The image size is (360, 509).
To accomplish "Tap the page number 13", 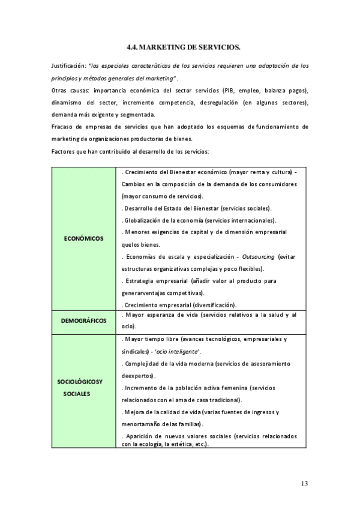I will point(304,484).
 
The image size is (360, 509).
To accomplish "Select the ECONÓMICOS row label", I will point(83,238).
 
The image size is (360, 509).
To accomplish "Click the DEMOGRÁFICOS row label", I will point(83,321).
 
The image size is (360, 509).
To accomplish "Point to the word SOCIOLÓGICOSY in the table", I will point(80,382).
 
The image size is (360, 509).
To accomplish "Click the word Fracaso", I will point(64,127).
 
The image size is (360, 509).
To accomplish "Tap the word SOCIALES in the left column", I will point(75,394).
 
